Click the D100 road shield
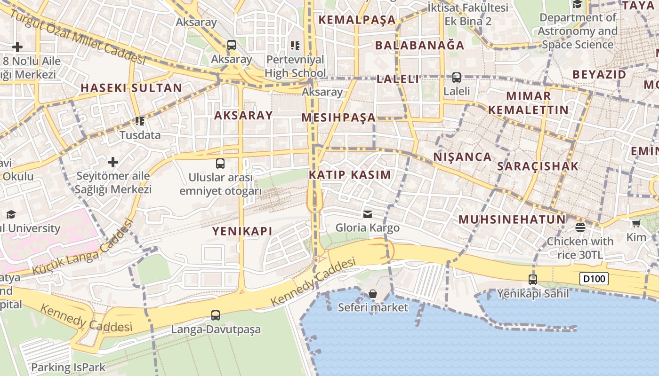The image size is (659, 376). tap(594, 279)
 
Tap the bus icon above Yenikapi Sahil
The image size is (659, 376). tap(532, 280)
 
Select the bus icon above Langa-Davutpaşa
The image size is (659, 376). tap(216, 315)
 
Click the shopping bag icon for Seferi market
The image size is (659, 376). tap(373, 294)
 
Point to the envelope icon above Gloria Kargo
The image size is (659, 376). tap(367, 214)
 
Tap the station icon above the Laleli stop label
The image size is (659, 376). tap(456, 78)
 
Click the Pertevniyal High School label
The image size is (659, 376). tap(295, 66)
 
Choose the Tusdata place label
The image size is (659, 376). tap(140, 135)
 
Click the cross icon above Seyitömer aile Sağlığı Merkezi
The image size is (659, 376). tap(113, 162)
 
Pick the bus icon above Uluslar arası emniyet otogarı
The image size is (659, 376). tap(220, 164)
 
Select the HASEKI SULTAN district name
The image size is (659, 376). tap(131, 88)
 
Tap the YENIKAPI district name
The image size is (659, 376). tap(242, 231)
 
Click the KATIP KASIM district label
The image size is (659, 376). tap(350, 175)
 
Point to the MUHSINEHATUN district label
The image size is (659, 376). tap(512, 219)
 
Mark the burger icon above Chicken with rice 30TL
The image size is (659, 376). tap(580, 227)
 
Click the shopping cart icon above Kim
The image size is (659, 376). tap(636, 223)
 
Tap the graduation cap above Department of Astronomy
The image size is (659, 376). tap(577, 4)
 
